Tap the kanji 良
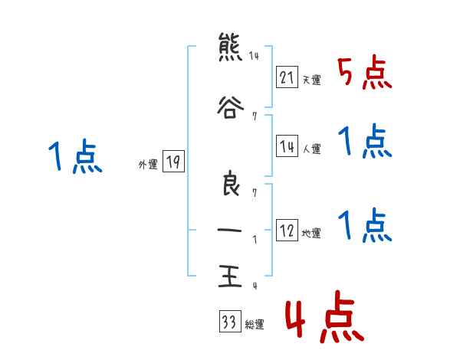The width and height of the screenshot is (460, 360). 228,185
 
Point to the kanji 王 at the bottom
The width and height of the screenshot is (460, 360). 228,277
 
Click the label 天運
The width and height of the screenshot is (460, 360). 311,80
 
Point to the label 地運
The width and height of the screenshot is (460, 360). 311,233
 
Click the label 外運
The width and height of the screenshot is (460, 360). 148,165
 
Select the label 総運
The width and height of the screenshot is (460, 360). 254,325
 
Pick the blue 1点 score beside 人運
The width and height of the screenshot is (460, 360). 364,142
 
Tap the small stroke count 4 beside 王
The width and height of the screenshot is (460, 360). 254,286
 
